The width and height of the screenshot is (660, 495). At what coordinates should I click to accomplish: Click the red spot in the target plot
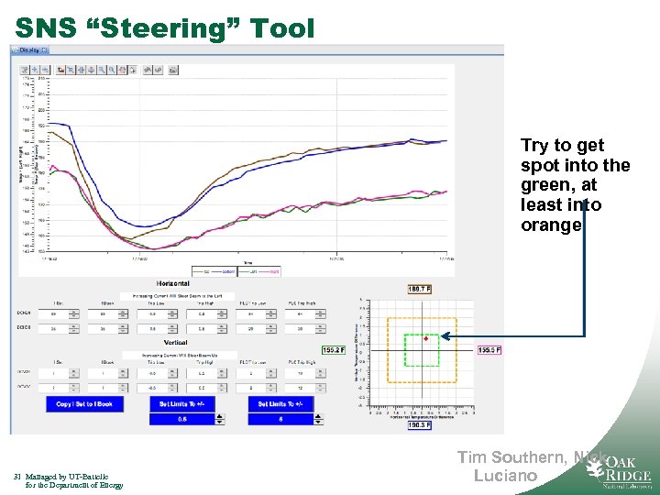(426, 339)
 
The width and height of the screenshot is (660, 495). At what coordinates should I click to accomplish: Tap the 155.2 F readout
(334, 349)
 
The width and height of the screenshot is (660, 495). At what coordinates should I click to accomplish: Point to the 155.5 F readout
(490, 349)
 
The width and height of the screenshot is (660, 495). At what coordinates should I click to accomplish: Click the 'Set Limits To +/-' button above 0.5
(186, 403)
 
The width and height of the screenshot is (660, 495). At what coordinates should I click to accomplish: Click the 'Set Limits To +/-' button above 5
(285, 403)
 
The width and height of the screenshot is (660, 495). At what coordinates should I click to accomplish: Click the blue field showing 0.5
(182, 419)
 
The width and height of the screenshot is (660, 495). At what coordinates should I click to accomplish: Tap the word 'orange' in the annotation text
(551, 225)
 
